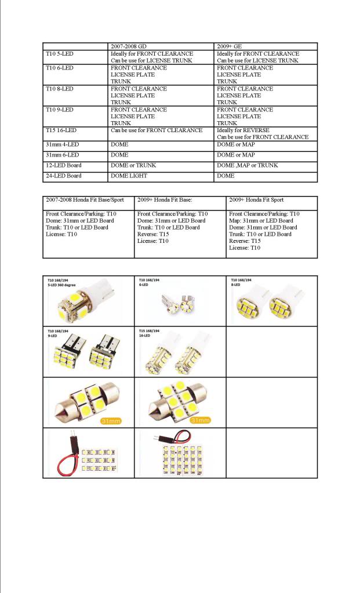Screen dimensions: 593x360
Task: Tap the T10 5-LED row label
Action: pyautogui.click(x=60, y=53)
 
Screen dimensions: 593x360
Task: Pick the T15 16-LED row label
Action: pyautogui.click(x=61, y=130)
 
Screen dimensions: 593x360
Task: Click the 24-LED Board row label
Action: pyautogui.click(x=63, y=176)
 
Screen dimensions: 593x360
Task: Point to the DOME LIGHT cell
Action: pyautogui.click(x=129, y=176)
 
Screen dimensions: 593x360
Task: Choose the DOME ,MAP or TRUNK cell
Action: pyautogui.click(x=247, y=165)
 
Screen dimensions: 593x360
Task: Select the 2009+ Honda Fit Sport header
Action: pyautogui.click(x=257, y=199)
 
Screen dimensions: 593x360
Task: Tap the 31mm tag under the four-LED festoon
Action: pyautogui.click(x=110, y=420)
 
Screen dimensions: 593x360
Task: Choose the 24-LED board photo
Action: pyautogui.click(x=180, y=455)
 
